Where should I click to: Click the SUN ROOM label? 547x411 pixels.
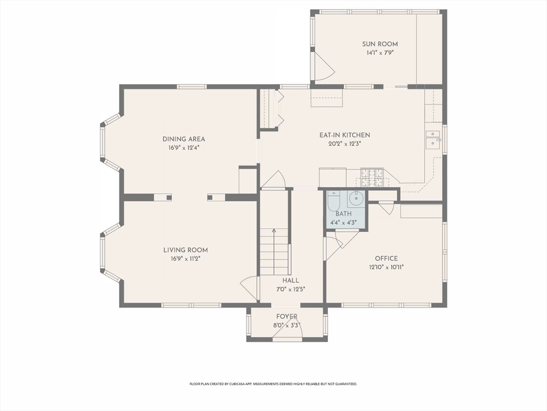point(380,44)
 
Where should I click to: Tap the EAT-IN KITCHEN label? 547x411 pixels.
point(345,135)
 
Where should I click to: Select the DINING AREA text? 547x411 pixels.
point(184,139)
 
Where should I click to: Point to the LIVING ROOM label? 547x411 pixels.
point(185,250)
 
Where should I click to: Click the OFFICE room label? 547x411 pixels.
point(386,258)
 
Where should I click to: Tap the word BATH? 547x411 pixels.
point(343,214)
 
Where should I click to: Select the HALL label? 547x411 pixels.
point(291,280)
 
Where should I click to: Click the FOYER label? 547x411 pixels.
point(287,317)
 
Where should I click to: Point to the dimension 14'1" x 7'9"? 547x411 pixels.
point(380,53)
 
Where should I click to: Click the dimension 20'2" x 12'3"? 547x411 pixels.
point(345,143)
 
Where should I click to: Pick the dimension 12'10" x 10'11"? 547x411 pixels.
point(387,268)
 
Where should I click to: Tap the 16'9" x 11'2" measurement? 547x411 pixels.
point(185,259)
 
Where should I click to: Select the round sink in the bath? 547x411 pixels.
point(356,199)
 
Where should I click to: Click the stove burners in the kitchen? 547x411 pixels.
point(372,177)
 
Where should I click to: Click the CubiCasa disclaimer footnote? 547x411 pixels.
point(273,384)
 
